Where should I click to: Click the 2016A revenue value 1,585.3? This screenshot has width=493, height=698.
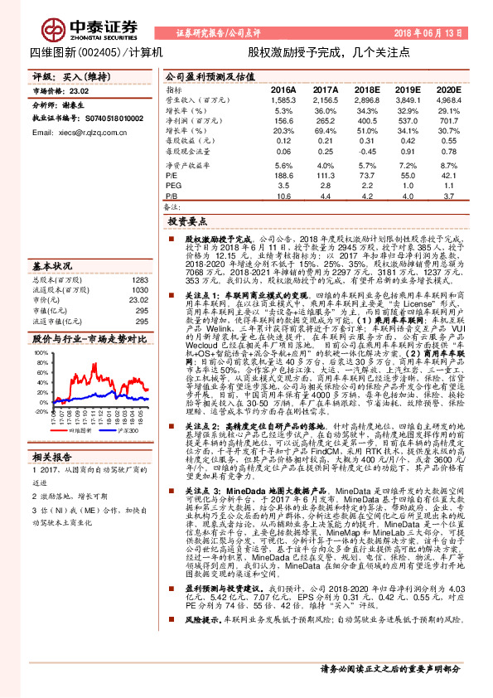coord(282,99)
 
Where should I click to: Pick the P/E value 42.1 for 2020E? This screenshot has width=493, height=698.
coord(448,176)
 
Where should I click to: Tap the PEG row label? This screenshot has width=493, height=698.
coord(173,186)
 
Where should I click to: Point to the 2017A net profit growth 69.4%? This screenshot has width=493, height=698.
coord(324,131)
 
